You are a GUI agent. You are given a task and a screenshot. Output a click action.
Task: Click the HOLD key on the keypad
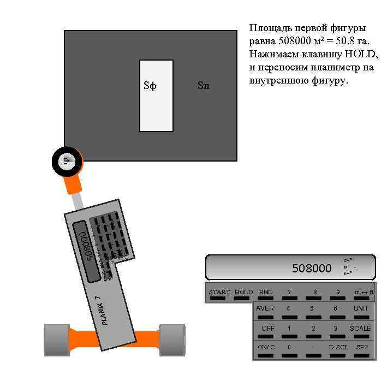pos(243,295)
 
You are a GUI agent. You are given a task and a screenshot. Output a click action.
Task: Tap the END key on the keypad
pos(266,295)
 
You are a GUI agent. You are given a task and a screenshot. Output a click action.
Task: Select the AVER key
pos(265,311)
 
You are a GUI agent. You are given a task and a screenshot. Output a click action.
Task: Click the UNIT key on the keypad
pos(361,311)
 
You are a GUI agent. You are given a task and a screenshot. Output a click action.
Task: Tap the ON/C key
pos(266,350)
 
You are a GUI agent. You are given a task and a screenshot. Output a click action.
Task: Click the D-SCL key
pos(338,350)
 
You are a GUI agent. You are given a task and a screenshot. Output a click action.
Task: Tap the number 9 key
pos(338,295)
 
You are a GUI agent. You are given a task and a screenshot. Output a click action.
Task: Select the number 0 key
pos(289,350)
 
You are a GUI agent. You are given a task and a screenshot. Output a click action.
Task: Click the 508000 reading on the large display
pos(312,268)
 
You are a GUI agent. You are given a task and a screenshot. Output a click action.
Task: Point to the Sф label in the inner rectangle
pos(150,86)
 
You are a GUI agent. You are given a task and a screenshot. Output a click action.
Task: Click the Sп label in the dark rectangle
pos(203,86)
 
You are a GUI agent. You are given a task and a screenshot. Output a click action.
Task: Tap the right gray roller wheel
pos(172,340)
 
